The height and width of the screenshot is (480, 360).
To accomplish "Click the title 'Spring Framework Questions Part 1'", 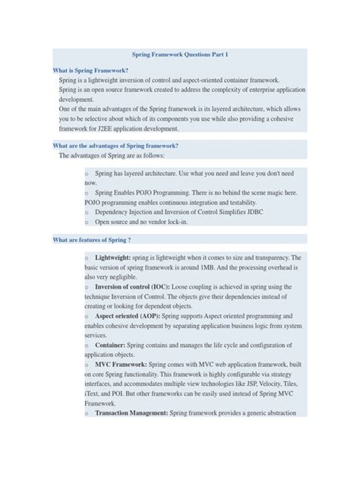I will click(x=180, y=55).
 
